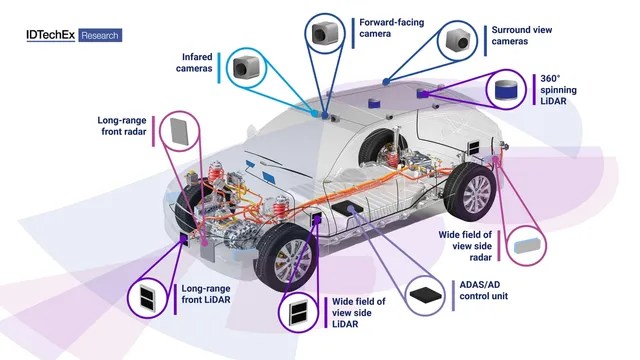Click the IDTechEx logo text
(51, 35)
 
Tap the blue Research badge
(100, 36)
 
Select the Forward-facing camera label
(391, 28)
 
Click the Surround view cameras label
(522, 36)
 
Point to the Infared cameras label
(194, 62)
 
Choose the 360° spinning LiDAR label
(558, 89)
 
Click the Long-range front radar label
(122, 126)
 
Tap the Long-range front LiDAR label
(206, 294)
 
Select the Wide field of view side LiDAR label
(358, 313)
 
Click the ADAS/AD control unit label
(484, 290)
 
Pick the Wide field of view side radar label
(465, 246)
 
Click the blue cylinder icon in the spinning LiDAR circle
(506, 90)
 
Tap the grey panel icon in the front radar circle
(179, 131)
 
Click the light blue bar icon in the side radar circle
(529, 245)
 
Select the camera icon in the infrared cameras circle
(246, 67)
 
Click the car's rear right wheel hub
(477, 191)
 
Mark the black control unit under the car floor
(348, 207)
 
